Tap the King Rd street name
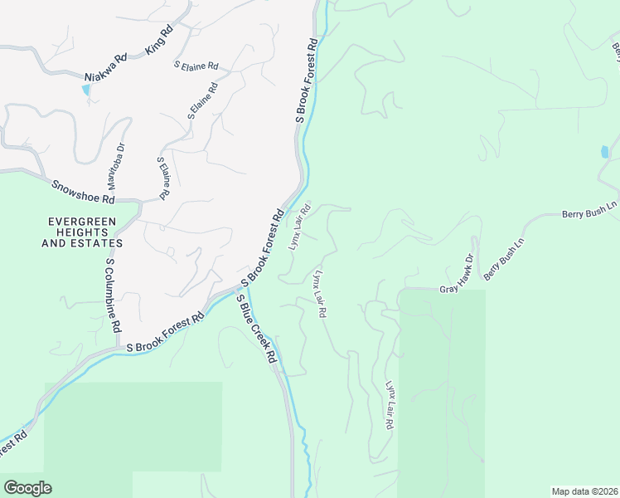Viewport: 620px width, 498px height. tap(158, 40)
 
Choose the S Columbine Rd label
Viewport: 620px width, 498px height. tap(114, 295)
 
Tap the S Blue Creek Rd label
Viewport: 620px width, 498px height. tap(257, 330)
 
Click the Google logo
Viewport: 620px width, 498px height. tap(27, 488)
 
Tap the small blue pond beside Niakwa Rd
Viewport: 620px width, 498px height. tap(85, 90)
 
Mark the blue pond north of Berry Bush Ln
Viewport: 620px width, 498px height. tap(604, 152)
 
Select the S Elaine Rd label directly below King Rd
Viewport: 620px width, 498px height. tap(196, 65)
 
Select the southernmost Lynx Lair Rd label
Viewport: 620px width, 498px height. tap(389, 406)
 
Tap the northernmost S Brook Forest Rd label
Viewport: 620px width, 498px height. tap(307, 81)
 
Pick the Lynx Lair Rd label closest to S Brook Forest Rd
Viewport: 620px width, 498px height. tap(299, 226)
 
